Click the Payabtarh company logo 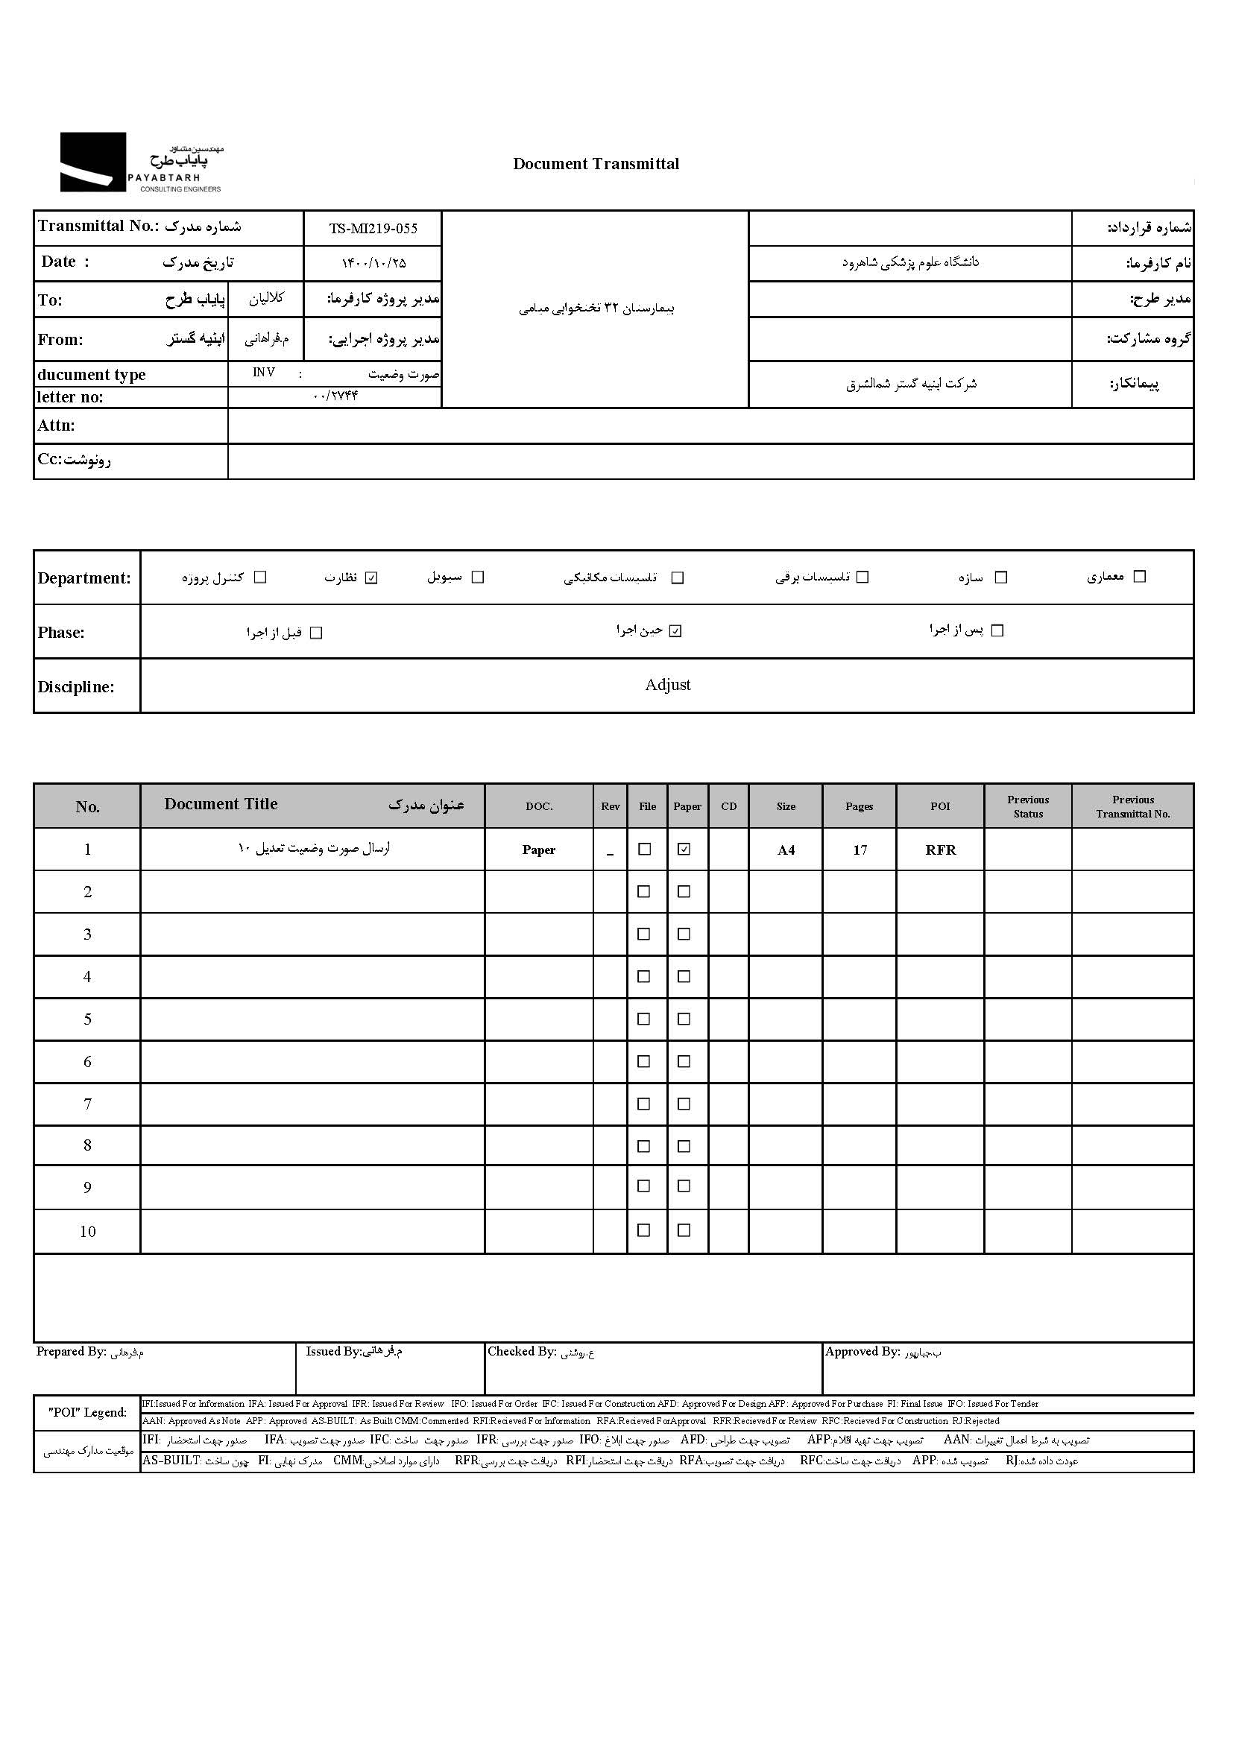(141, 162)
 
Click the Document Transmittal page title (596, 164)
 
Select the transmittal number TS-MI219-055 (373, 229)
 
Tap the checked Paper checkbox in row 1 (684, 850)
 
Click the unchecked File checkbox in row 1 (645, 850)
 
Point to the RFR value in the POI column (940, 850)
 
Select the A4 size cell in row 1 (786, 850)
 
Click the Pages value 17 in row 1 (860, 850)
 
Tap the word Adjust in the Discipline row (667, 685)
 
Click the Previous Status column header (1028, 806)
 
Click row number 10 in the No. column (87, 1231)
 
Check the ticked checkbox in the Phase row (675, 632)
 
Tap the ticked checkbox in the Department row (371, 578)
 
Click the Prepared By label (71, 1352)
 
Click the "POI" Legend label (87, 1413)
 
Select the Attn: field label (56, 426)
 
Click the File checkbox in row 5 (644, 1019)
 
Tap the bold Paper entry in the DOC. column (538, 850)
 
